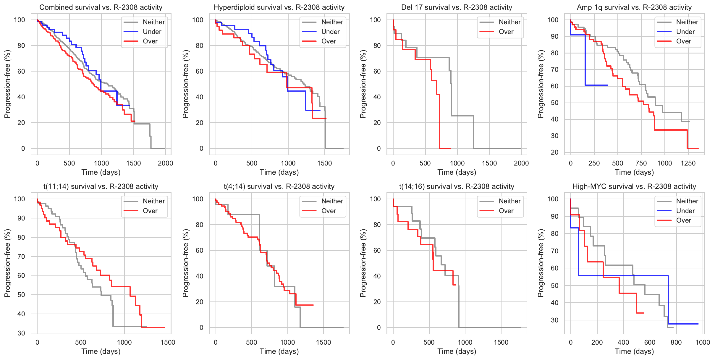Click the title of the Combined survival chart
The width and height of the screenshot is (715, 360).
tap(101, 7)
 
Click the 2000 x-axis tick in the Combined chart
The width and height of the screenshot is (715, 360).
tap(165, 163)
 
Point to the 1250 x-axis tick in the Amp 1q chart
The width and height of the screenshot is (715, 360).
tap(688, 163)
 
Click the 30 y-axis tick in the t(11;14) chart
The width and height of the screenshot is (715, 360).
tap(21, 333)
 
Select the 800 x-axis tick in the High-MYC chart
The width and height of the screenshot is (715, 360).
tap(676, 342)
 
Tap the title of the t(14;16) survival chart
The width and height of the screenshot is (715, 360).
tap(457, 187)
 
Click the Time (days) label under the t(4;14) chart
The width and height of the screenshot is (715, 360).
tap(279, 351)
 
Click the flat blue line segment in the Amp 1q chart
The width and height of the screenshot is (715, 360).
tap(596, 85)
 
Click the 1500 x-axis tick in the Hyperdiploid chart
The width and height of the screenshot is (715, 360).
tap(324, 163)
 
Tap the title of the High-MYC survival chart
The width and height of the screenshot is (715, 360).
tap(634, 187)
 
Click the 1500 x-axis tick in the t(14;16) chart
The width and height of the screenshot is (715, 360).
tap(501, 342)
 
